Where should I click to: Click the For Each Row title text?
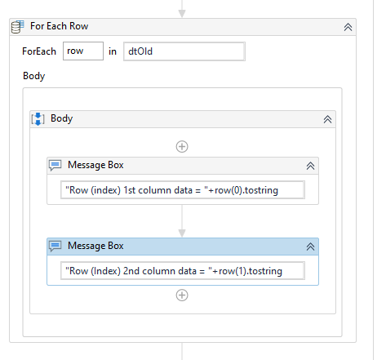tap(59, 26)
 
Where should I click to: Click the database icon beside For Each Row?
tap(18, 27)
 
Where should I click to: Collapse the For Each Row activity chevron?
tap(348, 27)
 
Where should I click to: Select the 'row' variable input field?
tap(83, 51)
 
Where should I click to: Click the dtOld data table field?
tap(184, 51)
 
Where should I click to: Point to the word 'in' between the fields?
tap(113, 51)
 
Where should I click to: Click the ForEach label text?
tap(39, 51)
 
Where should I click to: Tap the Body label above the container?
tap(34, 76)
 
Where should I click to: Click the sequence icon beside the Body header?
tap(38, 119)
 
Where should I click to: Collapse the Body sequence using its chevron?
tap(327, 119)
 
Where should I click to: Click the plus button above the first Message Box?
tap(182, 146)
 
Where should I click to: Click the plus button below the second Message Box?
tap(182, 296)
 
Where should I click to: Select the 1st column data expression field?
tap(183, 190)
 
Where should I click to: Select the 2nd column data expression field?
tap(183, 271)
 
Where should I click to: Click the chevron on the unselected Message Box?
tap(310, 166)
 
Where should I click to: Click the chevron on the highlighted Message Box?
tap(310, 247)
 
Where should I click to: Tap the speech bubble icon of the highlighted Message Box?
tap(55, 247)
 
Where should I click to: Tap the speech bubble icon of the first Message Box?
tap(55, 166)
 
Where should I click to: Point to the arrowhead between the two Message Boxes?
tap(182, 233)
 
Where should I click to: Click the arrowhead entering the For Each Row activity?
tap(182, 13)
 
